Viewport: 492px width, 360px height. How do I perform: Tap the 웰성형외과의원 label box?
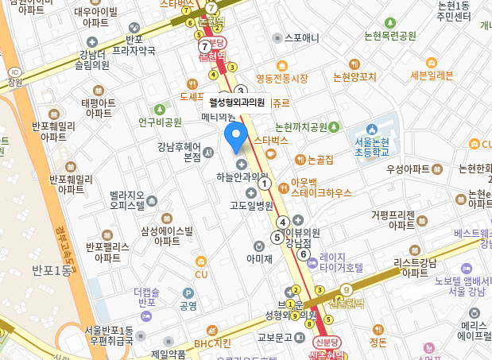point(236,102)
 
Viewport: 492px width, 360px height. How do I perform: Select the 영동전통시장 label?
point(281,78)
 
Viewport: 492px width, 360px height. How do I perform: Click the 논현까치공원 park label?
point(300,127)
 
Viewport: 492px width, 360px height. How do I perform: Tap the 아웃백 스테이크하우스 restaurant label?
point(321,187)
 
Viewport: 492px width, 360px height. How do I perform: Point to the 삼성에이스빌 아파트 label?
point(167,235)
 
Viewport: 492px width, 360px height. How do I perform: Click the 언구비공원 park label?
point(160,122)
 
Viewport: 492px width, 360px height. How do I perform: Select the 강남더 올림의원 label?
point(94,60)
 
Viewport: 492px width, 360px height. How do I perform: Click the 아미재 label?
point(259,257)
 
